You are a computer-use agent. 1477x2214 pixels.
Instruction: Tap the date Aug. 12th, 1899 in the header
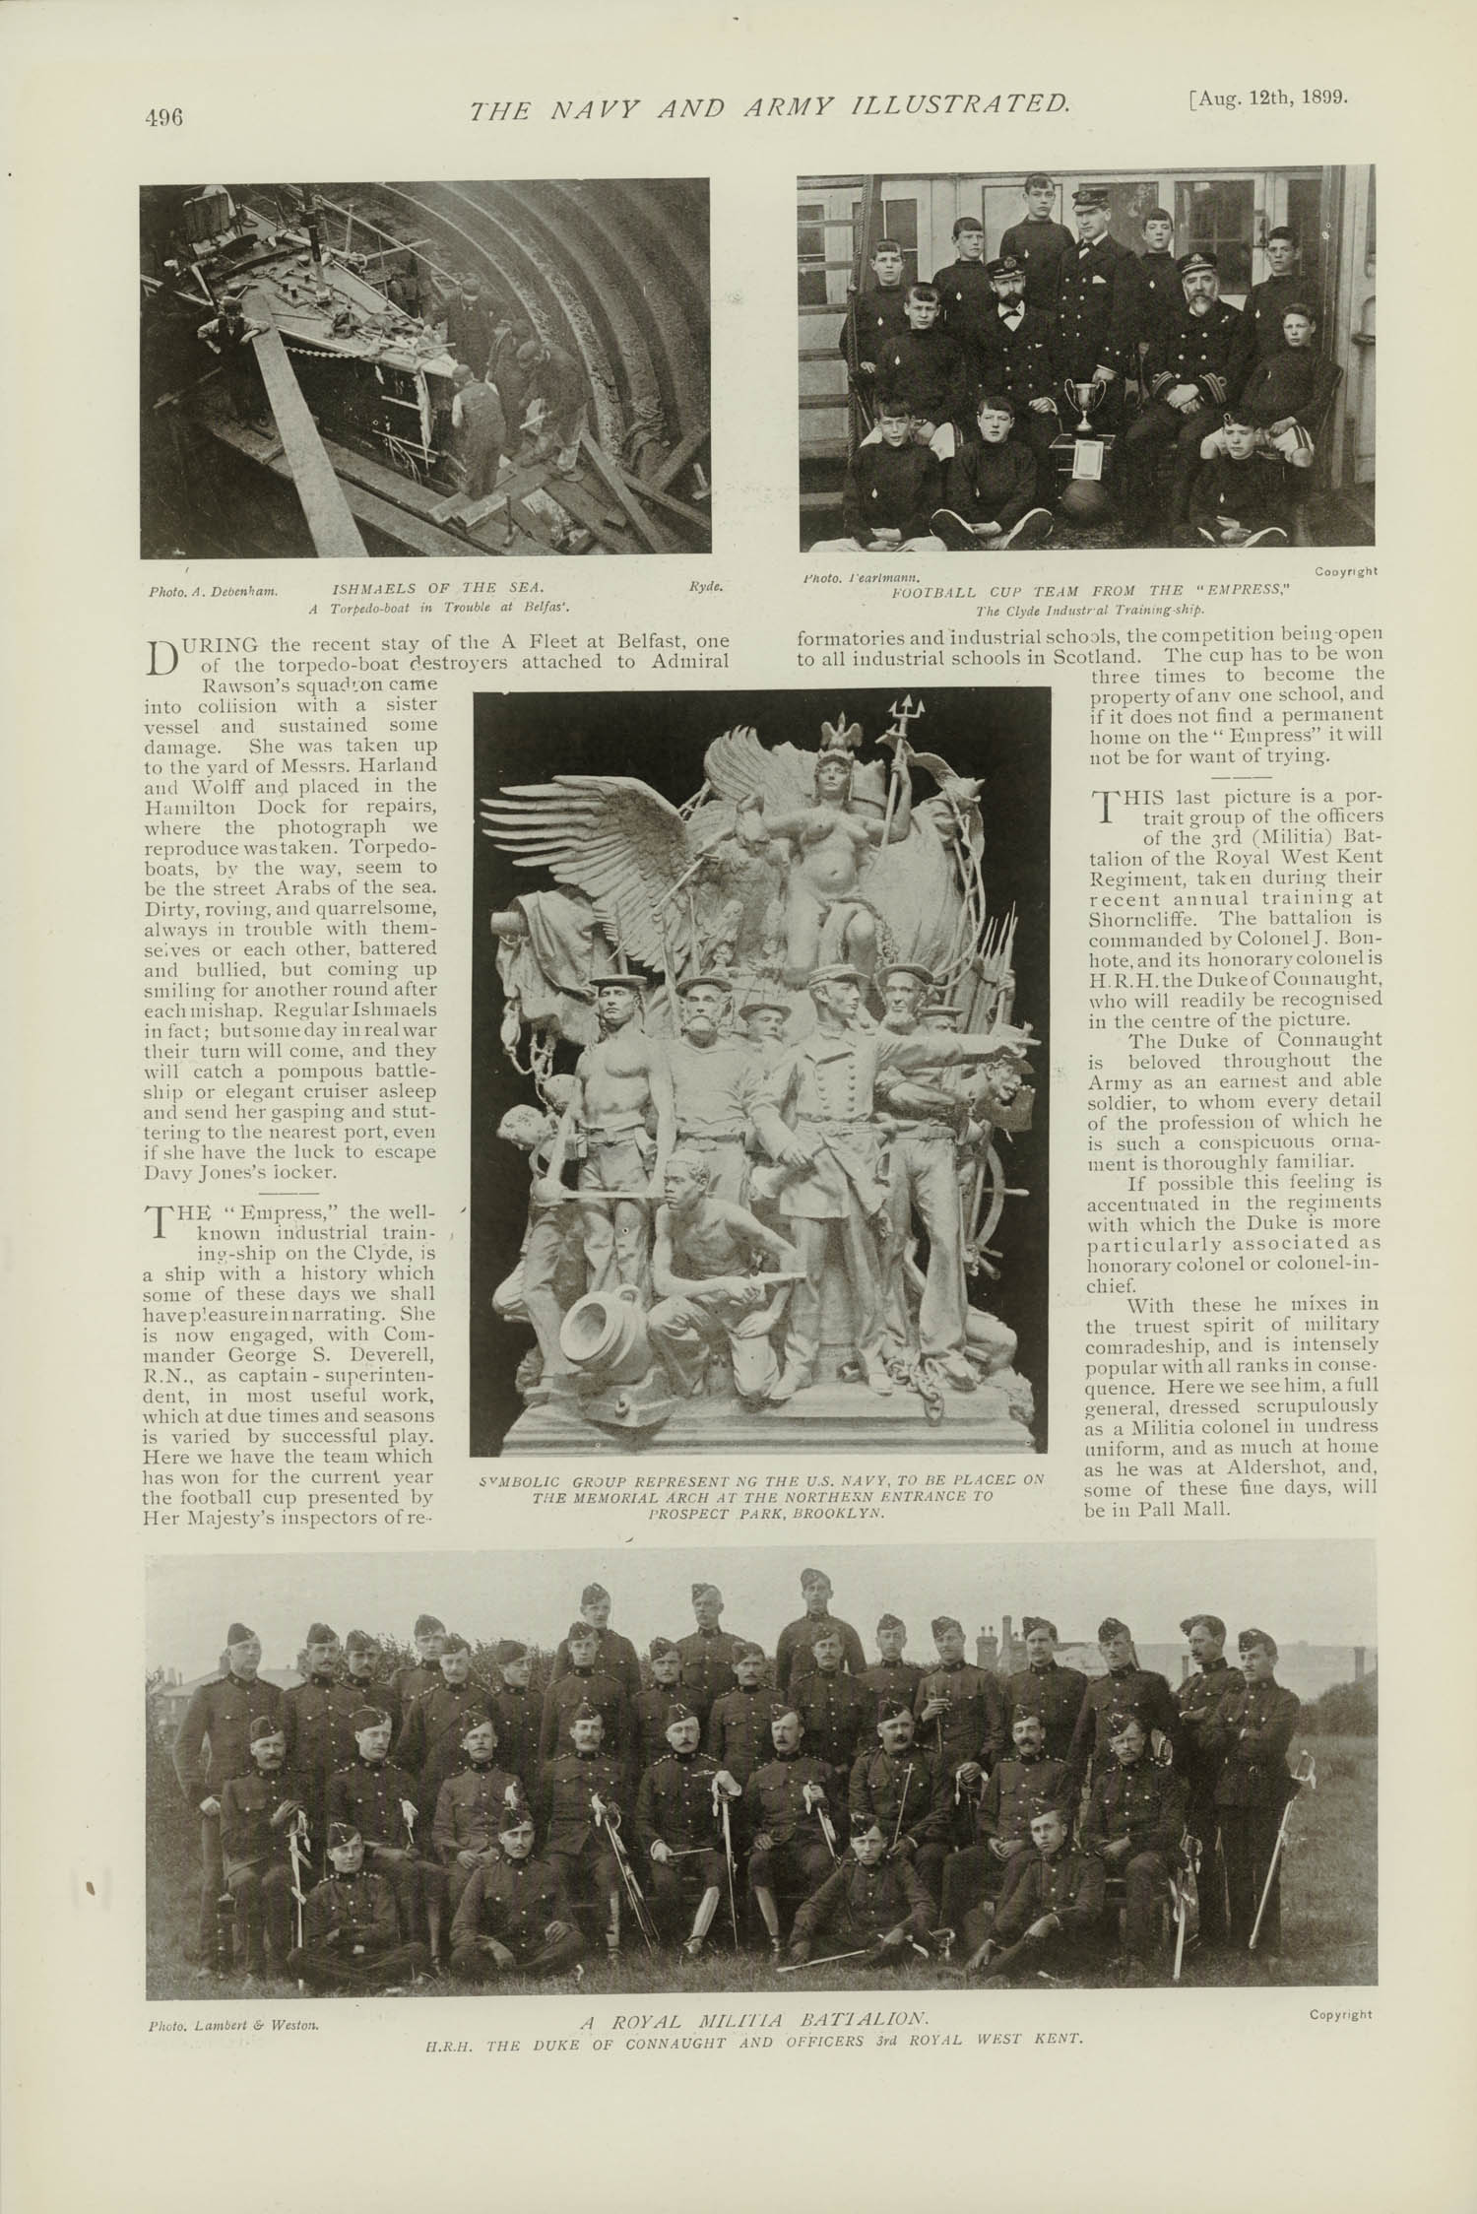pos(1269,98)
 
